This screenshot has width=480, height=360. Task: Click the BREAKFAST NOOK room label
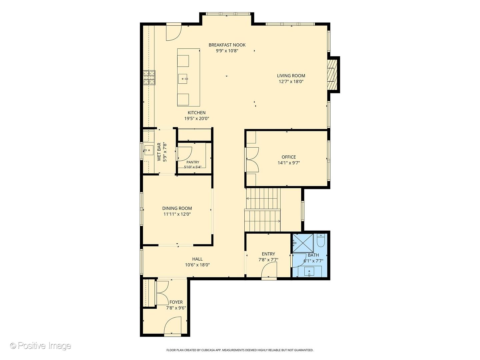tap(227, 45)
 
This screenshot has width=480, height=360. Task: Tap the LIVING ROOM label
tap(291, 76)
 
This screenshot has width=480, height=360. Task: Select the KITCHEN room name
tap(197, 113)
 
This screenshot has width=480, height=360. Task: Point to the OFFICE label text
tap(289, 157)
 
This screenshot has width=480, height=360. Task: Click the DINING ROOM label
tap(177, 208)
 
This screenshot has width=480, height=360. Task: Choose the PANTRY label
tap(193, 162)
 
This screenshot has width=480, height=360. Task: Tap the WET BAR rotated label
tap(159, 152)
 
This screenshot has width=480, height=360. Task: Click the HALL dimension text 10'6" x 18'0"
tap(197, 265)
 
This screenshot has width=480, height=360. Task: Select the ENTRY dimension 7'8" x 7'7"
tap(268, 260)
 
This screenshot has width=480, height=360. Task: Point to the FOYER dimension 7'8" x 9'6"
tap(176, 308)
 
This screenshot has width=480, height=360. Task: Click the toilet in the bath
tap(321, 240)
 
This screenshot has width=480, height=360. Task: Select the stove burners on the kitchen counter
tap(149, 78)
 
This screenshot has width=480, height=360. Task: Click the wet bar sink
tap(149, 150)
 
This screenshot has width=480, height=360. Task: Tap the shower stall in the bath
tap(303, 243)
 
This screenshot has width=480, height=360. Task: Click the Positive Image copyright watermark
tap(41, 346)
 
